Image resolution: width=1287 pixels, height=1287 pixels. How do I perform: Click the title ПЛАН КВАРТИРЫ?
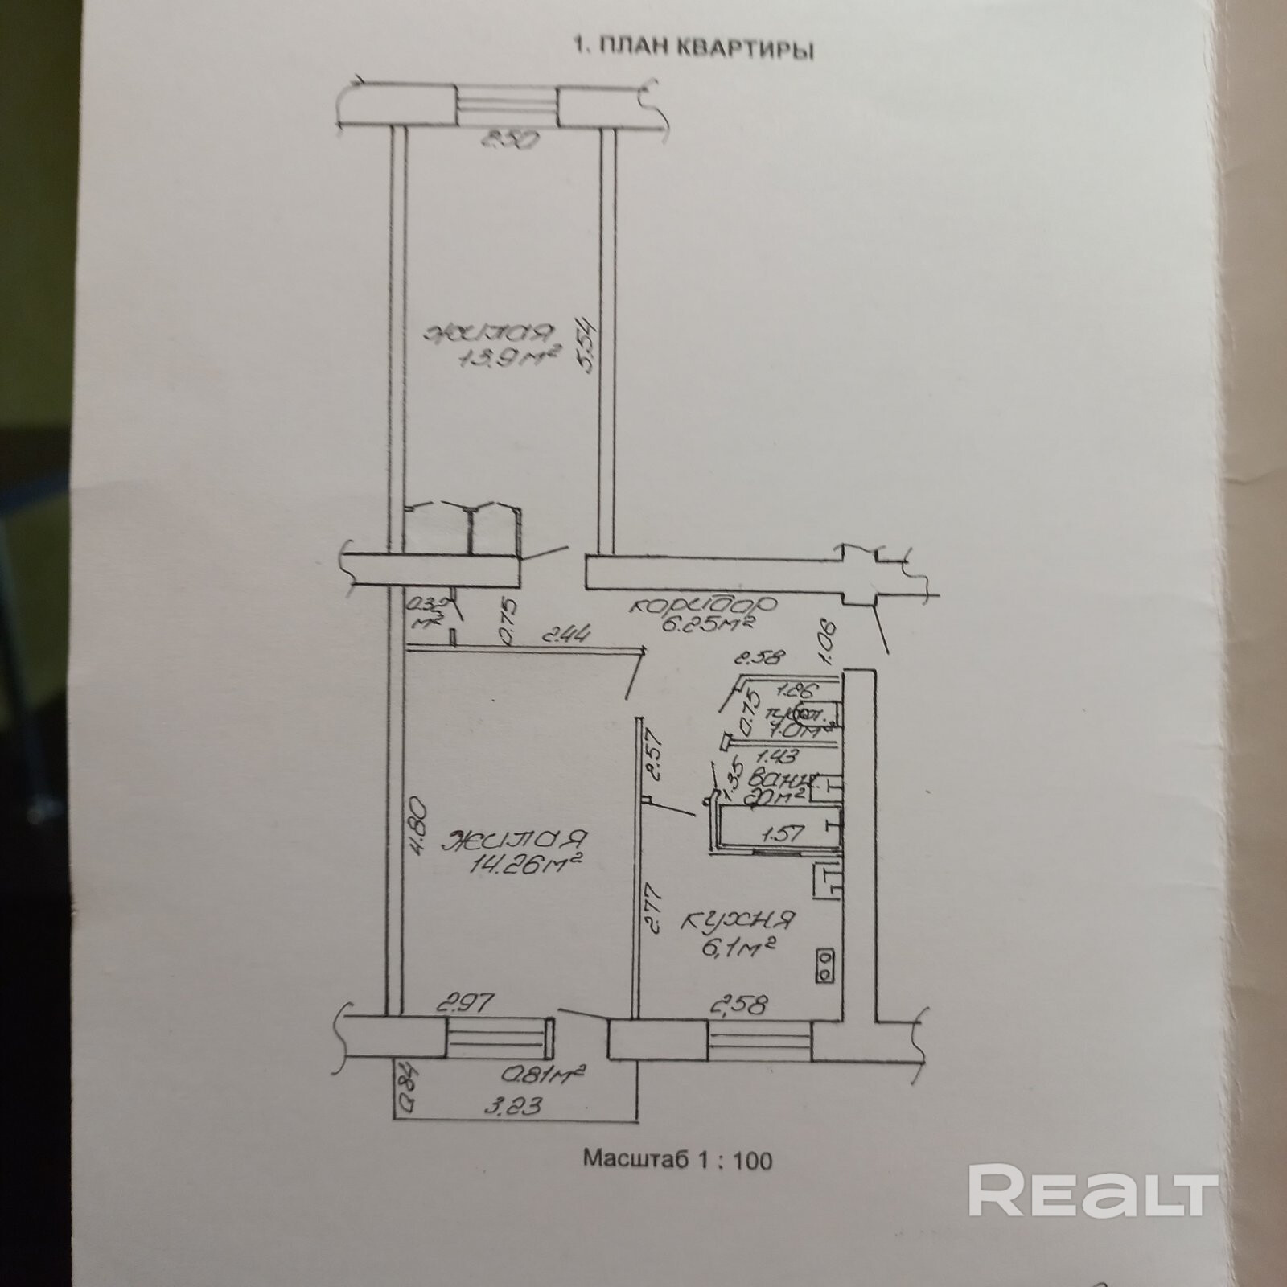point(692,49)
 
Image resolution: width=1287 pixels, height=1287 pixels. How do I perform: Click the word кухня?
point(738,919)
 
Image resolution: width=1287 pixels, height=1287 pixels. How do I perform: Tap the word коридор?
point(702,605)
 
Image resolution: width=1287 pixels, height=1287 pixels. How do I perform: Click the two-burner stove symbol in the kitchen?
point(826,964)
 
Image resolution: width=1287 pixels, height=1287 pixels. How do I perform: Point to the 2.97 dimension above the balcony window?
point(464,1004)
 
